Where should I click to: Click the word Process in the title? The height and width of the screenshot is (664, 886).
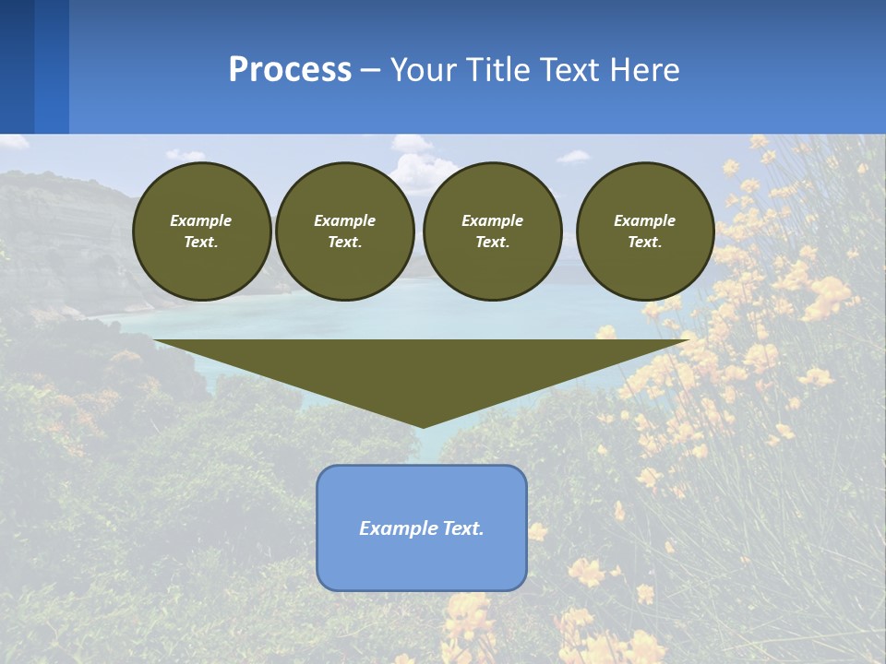coord(290,70)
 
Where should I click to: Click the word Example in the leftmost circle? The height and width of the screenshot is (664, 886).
coord(201,220)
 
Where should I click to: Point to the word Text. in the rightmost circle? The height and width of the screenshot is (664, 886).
coord(644,242)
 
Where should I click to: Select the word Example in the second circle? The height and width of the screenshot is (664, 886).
coord(344,220)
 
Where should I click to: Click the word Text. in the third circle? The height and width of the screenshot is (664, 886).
coord(492,242)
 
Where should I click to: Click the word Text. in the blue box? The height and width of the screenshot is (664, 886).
coord(463,528)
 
